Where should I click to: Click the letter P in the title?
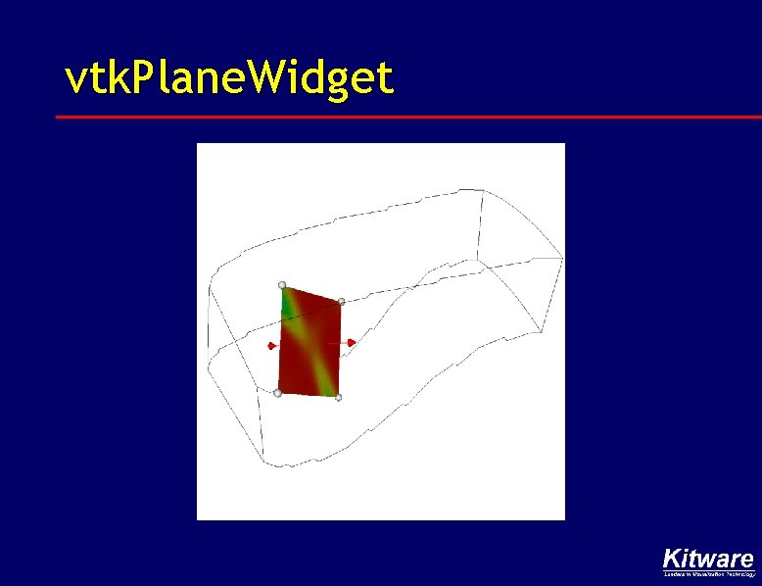tap(139, 78)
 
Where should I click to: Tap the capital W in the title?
tap(270, 78)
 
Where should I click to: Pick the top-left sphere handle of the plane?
tap(282, 285)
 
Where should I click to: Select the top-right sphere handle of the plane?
tap(341, 303)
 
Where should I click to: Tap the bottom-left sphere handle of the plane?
tap(277, 393)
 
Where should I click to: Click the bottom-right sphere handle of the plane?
tap(338, 397)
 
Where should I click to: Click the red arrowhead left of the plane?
tap(271, 345)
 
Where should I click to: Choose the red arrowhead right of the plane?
tap(353, 342)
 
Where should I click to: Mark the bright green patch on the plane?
tap(288, 306)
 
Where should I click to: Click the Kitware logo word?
tap(708, 560)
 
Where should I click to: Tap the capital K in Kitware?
tap(672, 560)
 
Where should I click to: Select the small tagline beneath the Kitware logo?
tap(709, 575)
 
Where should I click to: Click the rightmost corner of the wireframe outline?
tap(562, 257)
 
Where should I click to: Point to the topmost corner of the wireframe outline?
tap(483, 192)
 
